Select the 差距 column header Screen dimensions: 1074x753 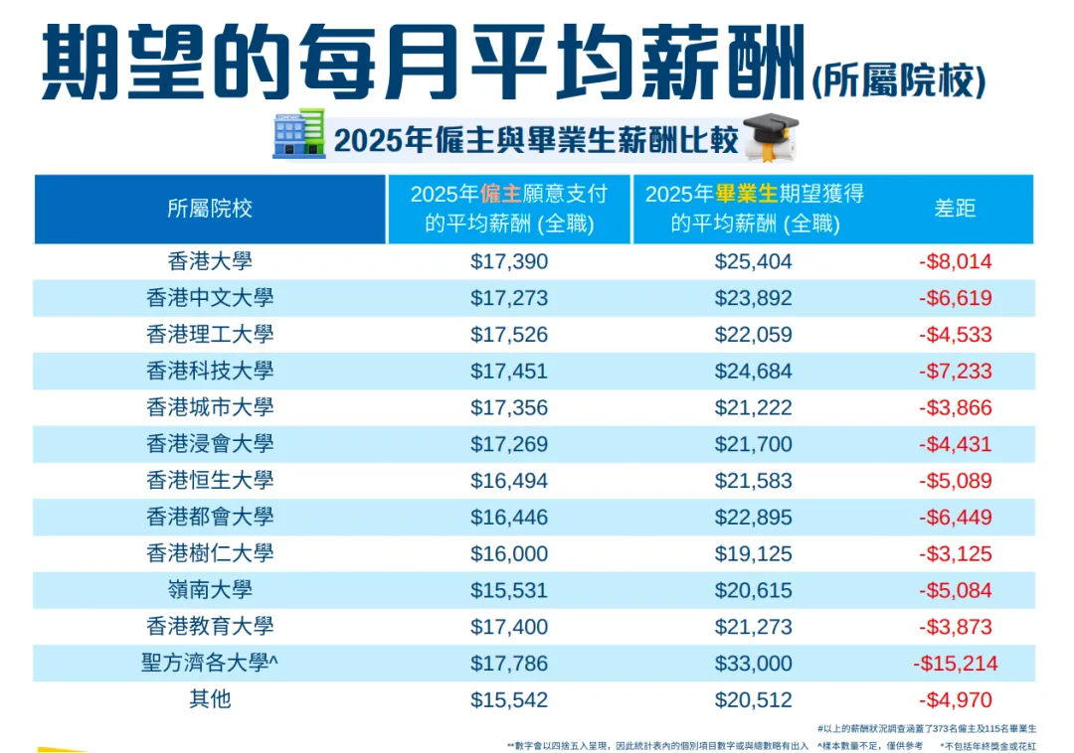(955, 208)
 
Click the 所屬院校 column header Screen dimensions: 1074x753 (210, 209)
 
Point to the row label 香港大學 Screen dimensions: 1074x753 (210, 260)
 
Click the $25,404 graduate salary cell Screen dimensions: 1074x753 (753, 261)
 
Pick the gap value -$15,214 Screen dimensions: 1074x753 (955, 664)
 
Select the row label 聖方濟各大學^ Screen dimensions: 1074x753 (210, 662)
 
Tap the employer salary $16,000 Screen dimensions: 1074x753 (509, 554)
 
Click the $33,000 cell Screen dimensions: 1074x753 (753, 664)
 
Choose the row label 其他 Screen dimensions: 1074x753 (210, 699)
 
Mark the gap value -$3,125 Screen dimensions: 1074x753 (955, 554)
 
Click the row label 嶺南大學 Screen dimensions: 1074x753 (210, 589)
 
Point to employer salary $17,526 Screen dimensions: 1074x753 (509, 335)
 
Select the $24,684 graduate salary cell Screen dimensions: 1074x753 (753, 372)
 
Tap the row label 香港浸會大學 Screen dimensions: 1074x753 (210, 443)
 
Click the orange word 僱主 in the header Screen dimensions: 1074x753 (500, 195)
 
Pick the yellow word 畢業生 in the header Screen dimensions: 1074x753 (747, 195)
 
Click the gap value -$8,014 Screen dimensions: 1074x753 (955, 261)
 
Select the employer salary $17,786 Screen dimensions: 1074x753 (509, 664)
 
